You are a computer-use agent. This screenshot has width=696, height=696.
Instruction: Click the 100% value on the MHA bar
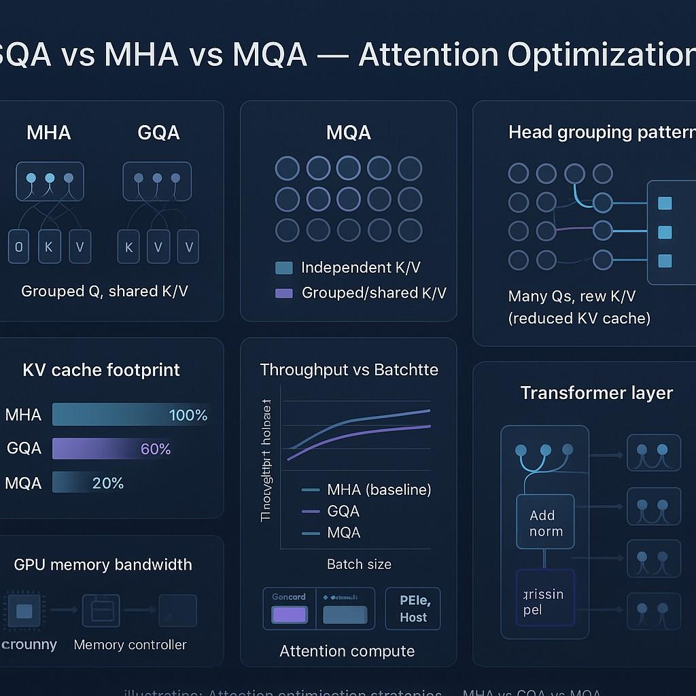(x=188, y=415)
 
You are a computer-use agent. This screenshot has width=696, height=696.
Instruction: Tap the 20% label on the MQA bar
(x=107, y=483)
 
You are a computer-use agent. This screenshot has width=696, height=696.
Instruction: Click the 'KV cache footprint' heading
(x=101, y=370)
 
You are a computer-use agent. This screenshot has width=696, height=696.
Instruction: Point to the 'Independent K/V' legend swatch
(x=284, y=268)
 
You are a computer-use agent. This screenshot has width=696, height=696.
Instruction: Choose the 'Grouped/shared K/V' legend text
(x=374, y=293)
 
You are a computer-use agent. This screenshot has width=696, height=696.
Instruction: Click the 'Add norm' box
(x=545, y=523)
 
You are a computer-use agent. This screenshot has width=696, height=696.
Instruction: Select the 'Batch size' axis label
(x=359, y=564)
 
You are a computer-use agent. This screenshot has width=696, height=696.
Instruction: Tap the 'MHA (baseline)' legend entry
(x=379, y=489)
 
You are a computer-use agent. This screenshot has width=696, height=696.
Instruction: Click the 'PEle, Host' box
(x=413, y=608)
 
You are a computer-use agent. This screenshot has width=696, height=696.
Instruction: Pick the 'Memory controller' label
(x=130, y=644)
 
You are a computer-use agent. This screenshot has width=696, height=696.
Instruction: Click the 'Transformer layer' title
(x=596, y=393)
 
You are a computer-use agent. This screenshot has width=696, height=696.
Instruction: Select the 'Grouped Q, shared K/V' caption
(x=105, y=292)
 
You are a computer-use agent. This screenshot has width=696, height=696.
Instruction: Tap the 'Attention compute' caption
(x=347, y=651)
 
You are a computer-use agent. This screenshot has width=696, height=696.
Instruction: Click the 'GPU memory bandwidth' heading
(x=103, y=565)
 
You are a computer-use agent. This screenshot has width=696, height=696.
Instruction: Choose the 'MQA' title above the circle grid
(x=349, y=133)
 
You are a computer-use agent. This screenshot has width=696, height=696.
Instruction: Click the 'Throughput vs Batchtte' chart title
(x=349, y=370)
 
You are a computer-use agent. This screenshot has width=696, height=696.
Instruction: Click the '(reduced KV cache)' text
(x=579, y=318)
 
